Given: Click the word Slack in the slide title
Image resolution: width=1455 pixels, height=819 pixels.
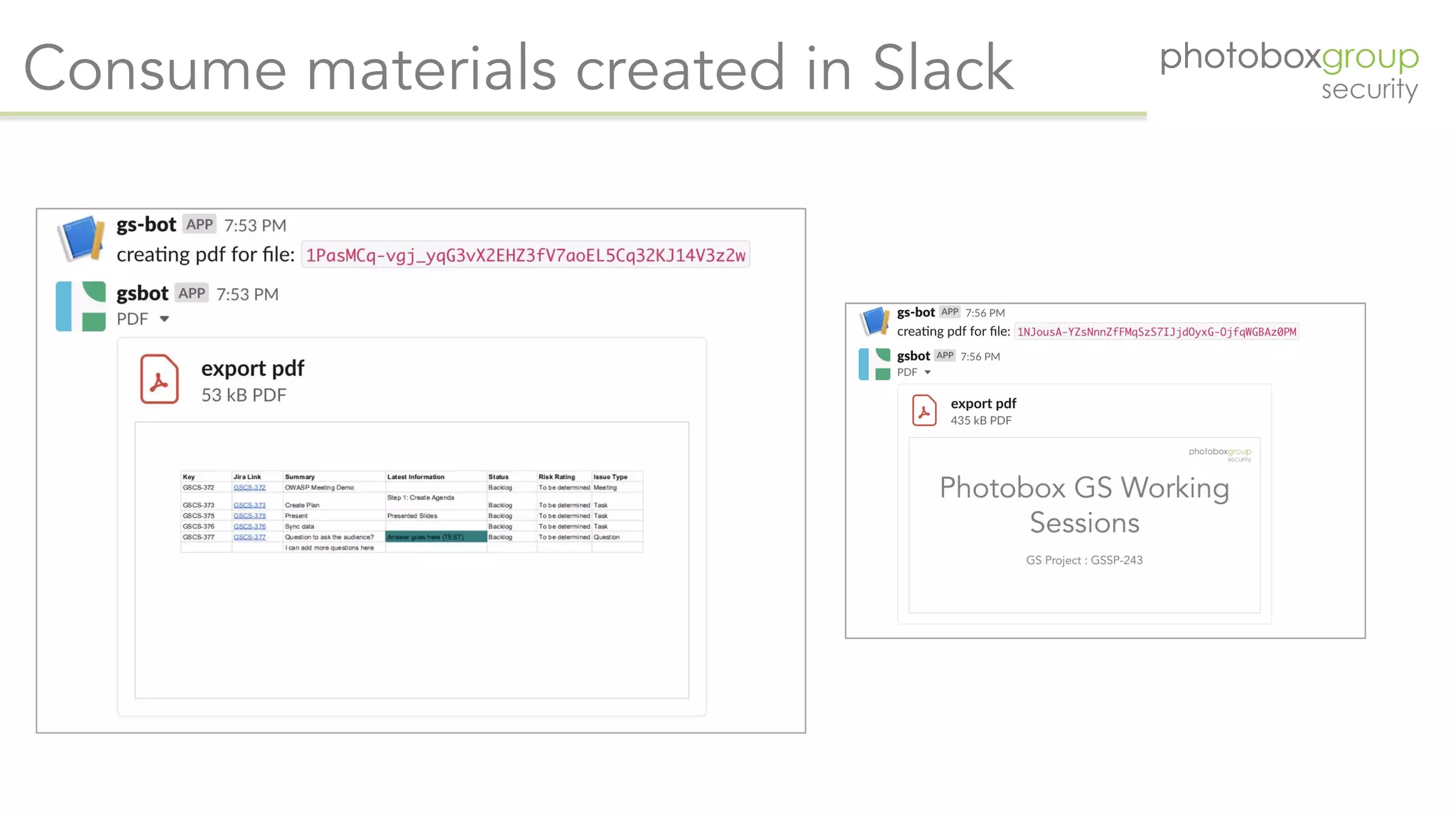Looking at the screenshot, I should [942, 68].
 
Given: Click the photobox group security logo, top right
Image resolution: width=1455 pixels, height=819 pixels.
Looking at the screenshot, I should [1289, 70].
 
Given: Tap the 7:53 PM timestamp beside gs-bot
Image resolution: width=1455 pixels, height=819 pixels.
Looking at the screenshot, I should [255, 225].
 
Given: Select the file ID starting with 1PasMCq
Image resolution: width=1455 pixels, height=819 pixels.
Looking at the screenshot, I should [526, 255].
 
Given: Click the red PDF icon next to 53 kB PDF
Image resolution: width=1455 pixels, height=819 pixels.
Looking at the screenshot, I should [159, 380].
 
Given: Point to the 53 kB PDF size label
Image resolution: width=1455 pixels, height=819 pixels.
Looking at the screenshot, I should [244, 395].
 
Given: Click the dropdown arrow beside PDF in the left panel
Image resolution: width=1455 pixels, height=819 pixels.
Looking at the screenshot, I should [164, 319].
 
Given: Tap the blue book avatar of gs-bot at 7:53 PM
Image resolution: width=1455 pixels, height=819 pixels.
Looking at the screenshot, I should [80, 238].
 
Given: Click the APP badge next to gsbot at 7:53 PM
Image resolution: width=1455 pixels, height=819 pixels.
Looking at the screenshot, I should [192, 294].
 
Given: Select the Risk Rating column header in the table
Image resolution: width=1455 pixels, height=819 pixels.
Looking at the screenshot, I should [556, 477].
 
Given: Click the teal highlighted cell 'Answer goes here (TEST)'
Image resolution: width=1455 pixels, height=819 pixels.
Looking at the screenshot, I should [436, 537].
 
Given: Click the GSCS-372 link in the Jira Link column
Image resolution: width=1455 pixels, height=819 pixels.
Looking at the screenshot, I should [249, 488].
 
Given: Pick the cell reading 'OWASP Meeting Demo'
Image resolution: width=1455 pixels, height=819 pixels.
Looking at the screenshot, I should [319, 488].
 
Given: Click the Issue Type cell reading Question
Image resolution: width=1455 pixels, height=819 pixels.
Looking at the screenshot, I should [607, 537].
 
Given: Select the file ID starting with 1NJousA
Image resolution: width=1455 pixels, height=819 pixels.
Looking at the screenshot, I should [1157, 332].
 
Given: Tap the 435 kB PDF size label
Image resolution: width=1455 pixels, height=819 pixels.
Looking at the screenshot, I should [981, 421].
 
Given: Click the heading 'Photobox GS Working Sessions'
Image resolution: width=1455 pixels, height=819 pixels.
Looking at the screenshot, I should [1084, 505].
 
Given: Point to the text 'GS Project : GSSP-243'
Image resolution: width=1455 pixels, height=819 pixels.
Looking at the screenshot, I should [1084, 560].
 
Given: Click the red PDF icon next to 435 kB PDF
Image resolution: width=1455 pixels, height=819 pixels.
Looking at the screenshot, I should [924, 411].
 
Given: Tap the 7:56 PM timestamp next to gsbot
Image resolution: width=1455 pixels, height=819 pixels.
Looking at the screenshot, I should [980, 357].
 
